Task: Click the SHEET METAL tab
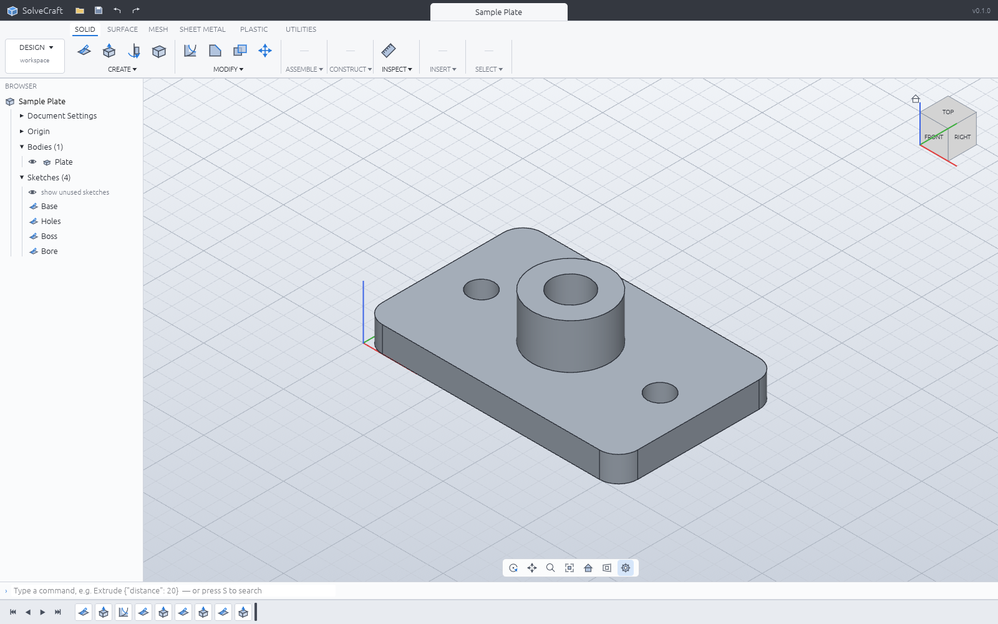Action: pos(202,29)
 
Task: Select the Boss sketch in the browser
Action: pos(49,236)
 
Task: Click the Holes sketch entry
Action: pos(51,221)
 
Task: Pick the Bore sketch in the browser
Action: pos(49,251)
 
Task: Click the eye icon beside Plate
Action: pos(32,162)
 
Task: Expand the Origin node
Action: pos(21,131)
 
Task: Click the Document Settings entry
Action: pos(62,116)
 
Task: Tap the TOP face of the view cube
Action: pos(948,112)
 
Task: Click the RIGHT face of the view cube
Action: pos(962,137)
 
